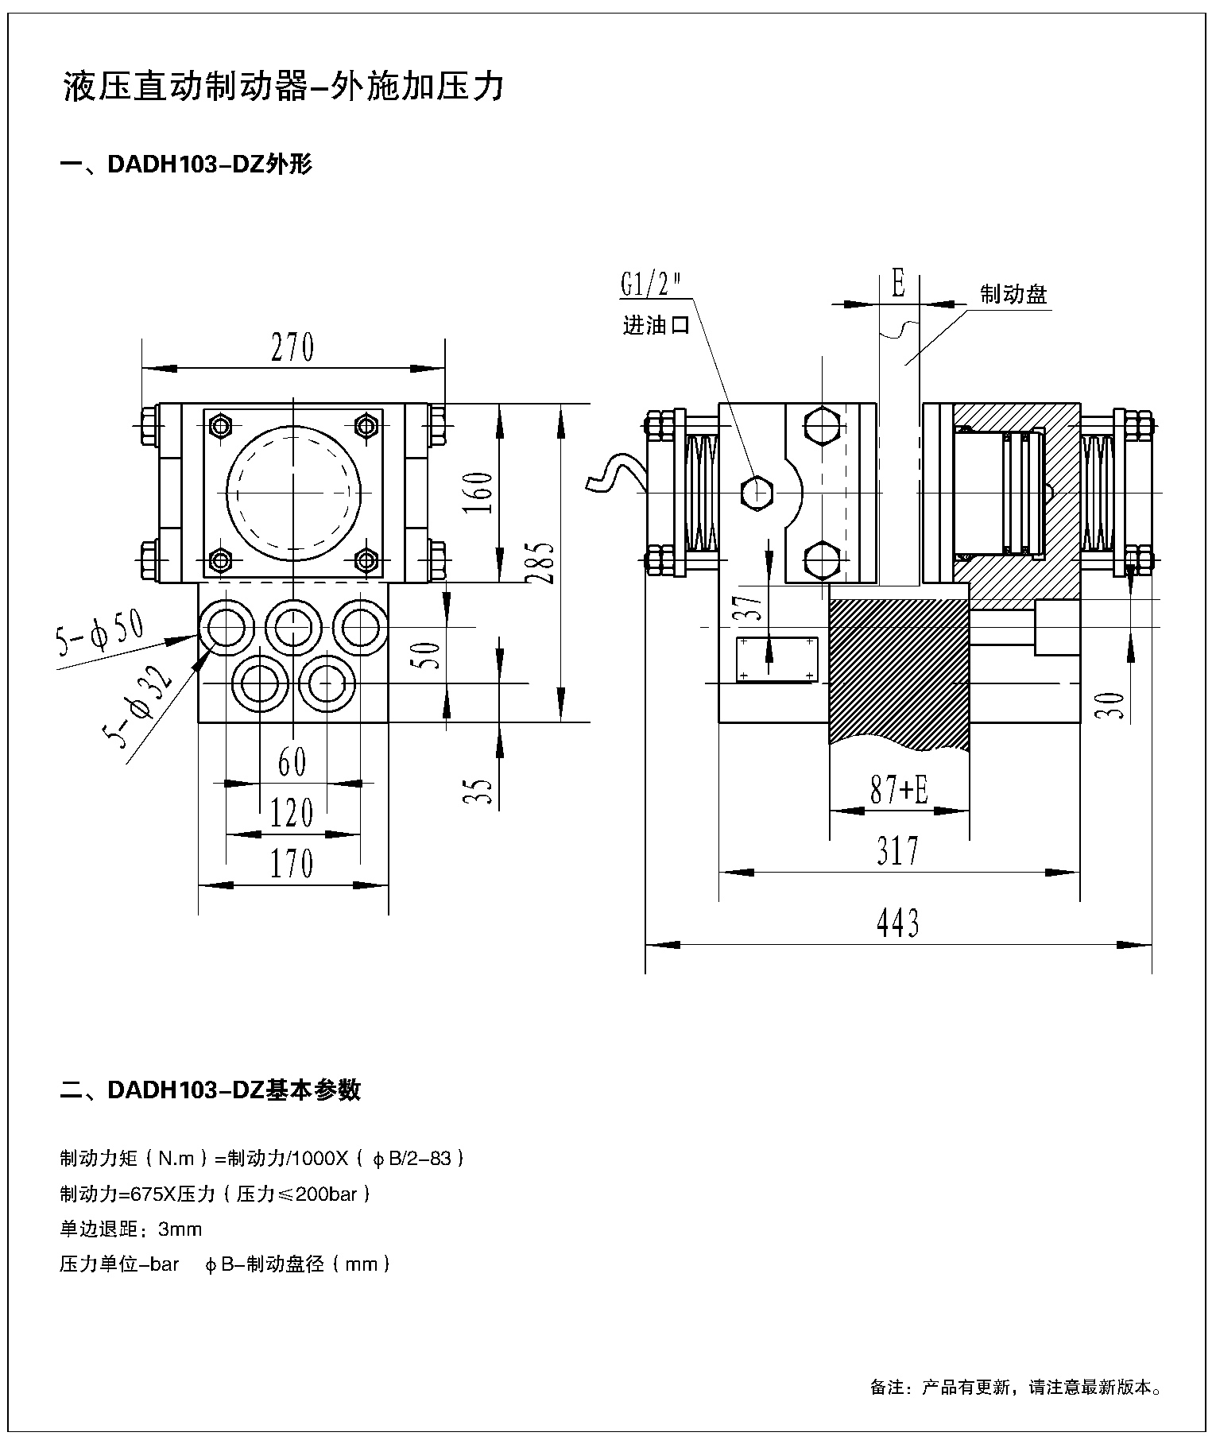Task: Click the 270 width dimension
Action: tap(292, 348)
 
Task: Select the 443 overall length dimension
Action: tap(898, 923)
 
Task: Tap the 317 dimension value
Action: tap(898, 851)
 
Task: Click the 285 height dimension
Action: tap(544, 563)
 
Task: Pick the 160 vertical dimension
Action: tap(480, 493)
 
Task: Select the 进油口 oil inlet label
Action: tap(656, 326)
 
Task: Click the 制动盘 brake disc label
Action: tap(1013, 295)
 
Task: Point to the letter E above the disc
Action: tap(898, 283)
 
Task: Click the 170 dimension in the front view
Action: tap(292, 864)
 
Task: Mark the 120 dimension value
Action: tap(292, 814)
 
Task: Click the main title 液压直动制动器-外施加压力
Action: tap(284, 87)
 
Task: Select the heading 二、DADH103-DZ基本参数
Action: tap(211, 1090)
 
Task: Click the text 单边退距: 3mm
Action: tap(131, 1229)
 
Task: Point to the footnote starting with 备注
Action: tap(1018, 1388)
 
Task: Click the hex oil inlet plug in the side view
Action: tap(757, 492)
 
